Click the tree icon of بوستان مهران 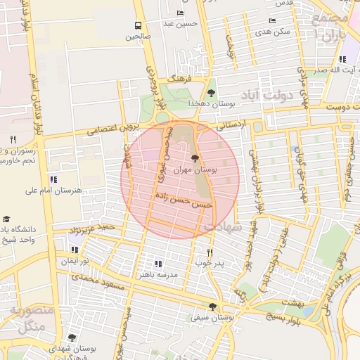click(x=195, y=158)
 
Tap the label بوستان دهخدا click(x=212, y=103)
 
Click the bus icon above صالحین click(x=138, y=25)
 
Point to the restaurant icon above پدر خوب click(x=209, y=252)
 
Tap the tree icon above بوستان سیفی click(x=212, y=306)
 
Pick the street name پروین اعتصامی click(x=114, y=129)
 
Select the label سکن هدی click(x=273, y=32)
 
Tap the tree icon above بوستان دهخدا click(x=212, y=91)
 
